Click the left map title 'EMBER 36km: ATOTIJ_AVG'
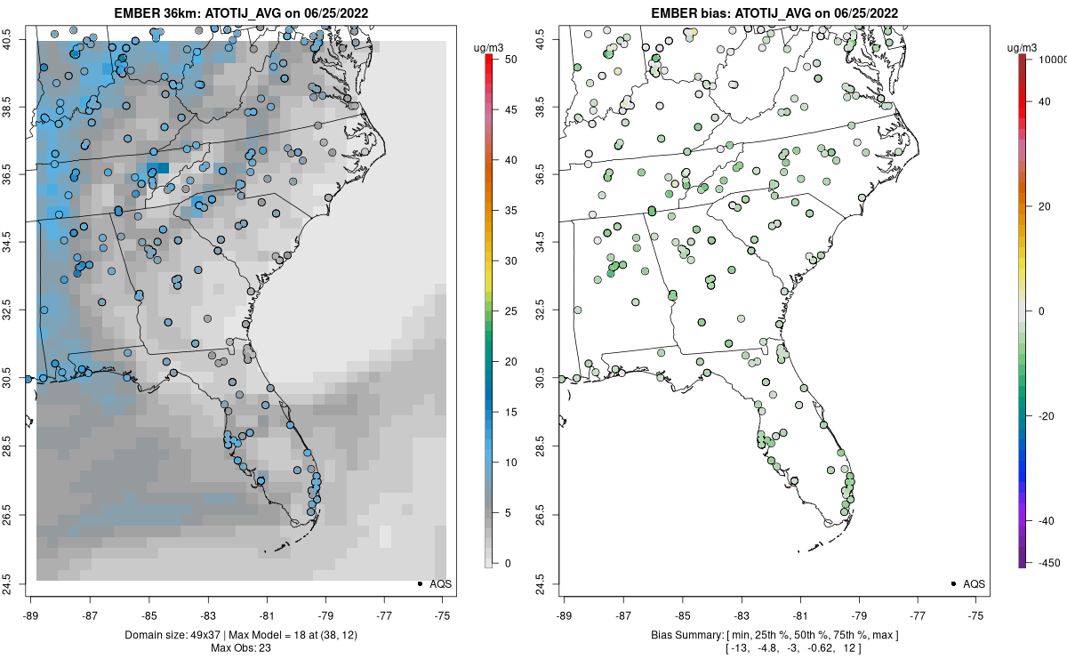197,12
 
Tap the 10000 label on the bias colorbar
1052,60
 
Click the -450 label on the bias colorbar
1050,563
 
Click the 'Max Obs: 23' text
241,648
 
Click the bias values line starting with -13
793,648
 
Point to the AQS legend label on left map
441,584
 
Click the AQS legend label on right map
975,584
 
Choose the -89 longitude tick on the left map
31,616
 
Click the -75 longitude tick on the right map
975,616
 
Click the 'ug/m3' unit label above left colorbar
488,48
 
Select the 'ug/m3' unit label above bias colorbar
1022,48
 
